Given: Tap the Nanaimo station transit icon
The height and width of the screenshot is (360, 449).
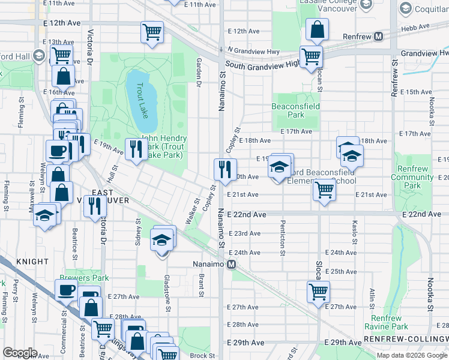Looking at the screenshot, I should click(x=231, y=264).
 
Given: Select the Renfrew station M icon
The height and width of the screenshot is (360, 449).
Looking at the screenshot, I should click(x=379, y=36).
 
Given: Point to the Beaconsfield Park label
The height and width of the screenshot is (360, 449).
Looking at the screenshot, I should click(x=295, y=110).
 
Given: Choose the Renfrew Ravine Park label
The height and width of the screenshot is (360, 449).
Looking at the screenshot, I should click(x=385, y=322).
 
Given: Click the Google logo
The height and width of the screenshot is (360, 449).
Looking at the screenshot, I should click(x=20, y=352).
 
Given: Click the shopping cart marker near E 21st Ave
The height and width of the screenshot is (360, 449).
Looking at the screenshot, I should click(x=324, y=190).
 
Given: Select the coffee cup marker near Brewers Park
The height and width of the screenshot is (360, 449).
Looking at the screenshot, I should click(x=66, y=290).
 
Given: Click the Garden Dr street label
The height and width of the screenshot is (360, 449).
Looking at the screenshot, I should click(x=198, y=73).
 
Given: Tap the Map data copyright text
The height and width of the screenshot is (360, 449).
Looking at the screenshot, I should click(x=412, y=355).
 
